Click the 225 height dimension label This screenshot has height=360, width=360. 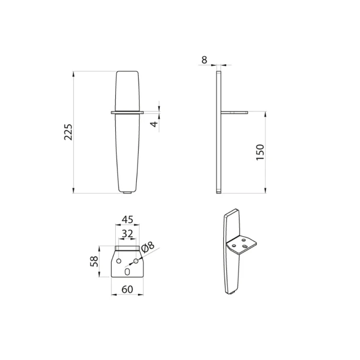tap(68, 132)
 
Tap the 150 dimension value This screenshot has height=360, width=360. tap(260, 152)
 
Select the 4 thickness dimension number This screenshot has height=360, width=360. tap(154, 124)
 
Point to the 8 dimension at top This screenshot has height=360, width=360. tap(204, 60)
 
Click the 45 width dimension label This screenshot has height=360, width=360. tap(127, 220)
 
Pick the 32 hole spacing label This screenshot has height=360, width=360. tap(127, 234)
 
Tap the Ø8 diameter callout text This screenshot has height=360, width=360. tap(147, 247)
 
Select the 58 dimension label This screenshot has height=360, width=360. tap(95, 261)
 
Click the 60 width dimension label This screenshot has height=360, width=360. tap(127, 289)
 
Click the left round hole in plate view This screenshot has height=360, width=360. tap(119, 261)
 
